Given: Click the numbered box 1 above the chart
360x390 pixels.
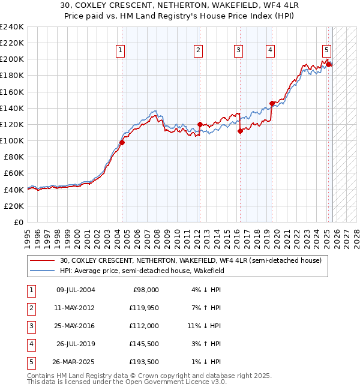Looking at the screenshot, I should pyautogui.click(x=121, y=51).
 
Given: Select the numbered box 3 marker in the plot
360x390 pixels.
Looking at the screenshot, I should pyautogui.click(x=239, y=51).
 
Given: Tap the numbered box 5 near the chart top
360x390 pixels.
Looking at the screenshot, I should pyautogui.click(x=326, y=51).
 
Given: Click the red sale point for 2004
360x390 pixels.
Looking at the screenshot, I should pyautogui.click(x=122, y=142).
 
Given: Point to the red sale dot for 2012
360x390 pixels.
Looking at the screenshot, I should pyautogui.click(x=200, y=124).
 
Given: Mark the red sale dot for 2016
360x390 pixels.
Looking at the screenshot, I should pyautogui.click(x=240, y=131).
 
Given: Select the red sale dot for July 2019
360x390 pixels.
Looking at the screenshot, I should pyautogui.click(x=272, y=103).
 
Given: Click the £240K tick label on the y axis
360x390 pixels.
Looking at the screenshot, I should pyautogui.click(x=11, y=27).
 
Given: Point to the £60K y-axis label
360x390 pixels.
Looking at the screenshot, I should pyautogui.click(x=14, y=173).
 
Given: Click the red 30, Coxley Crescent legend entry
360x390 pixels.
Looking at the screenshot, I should pyautogui.click(x=191, y=260).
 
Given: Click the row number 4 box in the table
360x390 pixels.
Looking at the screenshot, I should pyautogui.click(x=30, y=344).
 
